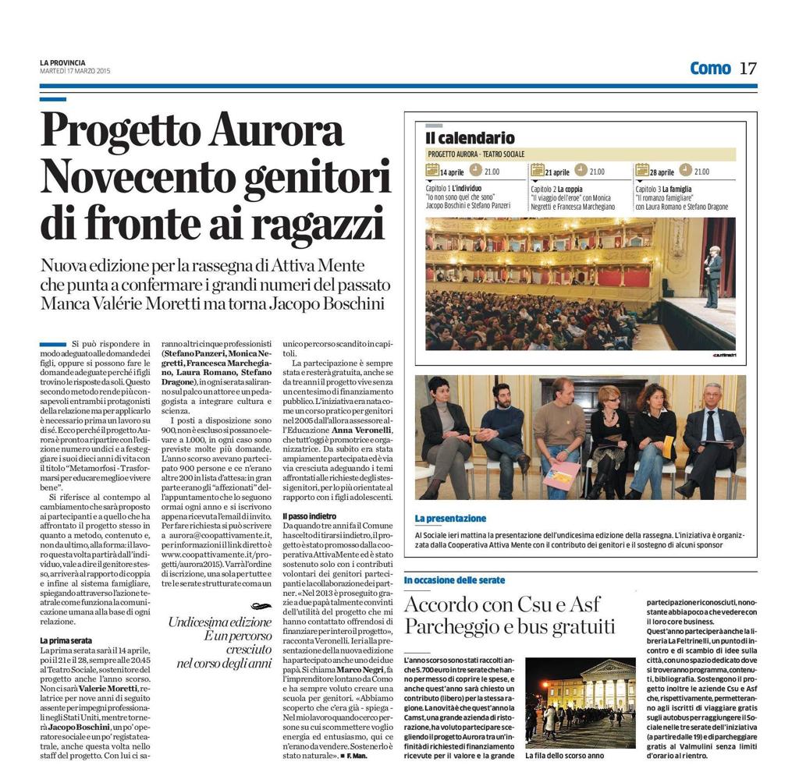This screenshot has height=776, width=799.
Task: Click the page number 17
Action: point(748,68)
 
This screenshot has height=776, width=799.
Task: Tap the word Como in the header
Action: point(710,68)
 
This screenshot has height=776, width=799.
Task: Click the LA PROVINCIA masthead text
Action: point(62,63)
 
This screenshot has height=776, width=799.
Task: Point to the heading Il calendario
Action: point(470,138)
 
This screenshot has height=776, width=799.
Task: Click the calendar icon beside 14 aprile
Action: point(432,171)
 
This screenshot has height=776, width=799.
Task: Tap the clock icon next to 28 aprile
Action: point(684,171)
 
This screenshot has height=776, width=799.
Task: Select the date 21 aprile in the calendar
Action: point(557,172)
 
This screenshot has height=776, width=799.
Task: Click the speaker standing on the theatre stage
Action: point(712,275)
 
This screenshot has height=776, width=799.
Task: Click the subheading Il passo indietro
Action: point(311,516)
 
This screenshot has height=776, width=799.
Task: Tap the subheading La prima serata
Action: point(66,640)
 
